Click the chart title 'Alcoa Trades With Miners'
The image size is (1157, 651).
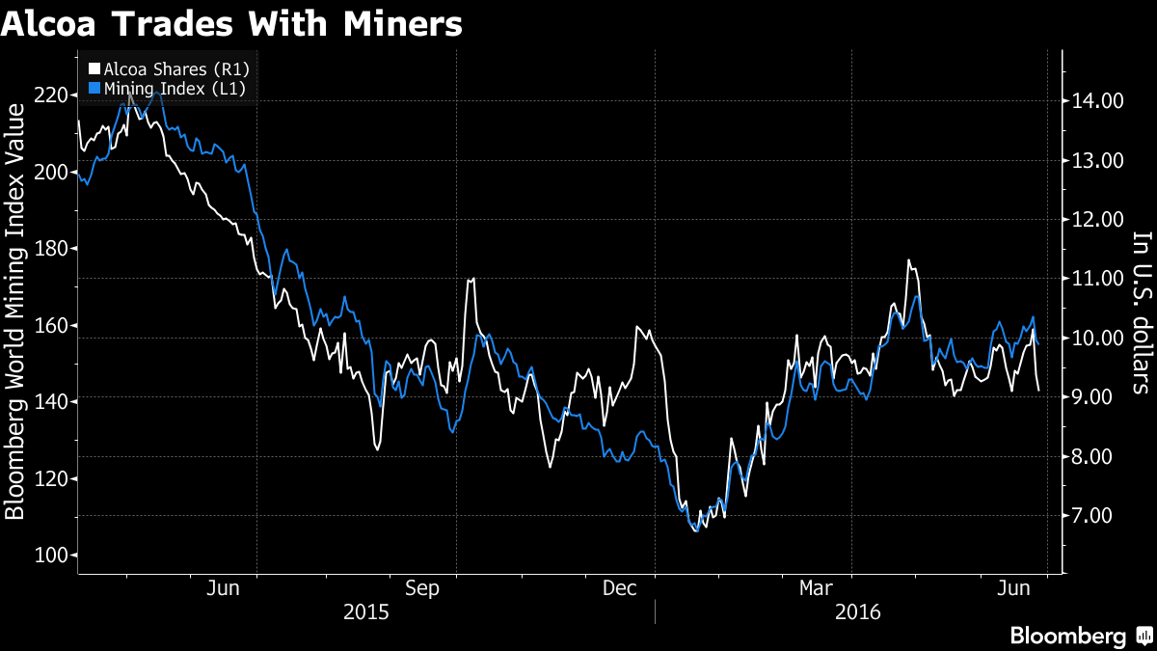click(x=231, y=24)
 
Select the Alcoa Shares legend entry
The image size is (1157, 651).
click(x=169, y=69)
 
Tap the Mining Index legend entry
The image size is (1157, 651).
click(x=167, y=89)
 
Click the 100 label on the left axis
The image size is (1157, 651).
click(x=51, y=556)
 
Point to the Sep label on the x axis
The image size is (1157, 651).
click(x=422, y=588)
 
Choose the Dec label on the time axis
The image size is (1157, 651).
click(x=619, y=588)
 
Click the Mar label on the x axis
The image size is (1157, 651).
click(x=816, y=588)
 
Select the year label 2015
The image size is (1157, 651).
click(x=366, y=612)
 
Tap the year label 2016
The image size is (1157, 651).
click(x=858, y=612)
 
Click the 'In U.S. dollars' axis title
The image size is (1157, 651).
click(x=1142, y=313)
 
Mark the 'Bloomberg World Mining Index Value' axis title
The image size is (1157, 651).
click(x=14, y=312)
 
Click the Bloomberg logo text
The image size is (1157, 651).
click(x=1067, y=636)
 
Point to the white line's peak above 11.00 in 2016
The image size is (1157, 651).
click(x=908, y=259)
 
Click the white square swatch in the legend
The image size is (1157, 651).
click(x=94, y=68)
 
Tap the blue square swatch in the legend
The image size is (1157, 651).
click(x=94, y=88)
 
